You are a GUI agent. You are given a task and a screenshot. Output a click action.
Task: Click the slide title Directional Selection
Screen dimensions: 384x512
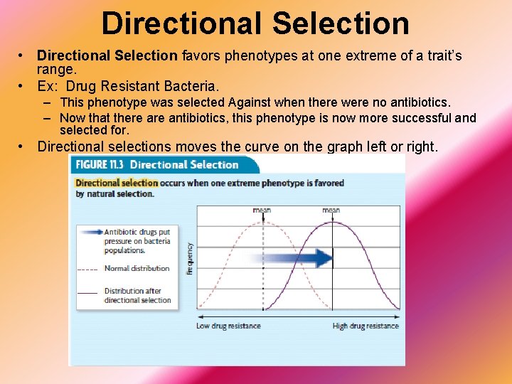(x=255, y=23)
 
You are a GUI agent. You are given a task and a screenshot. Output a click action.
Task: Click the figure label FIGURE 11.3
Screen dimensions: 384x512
(x=101, y=165)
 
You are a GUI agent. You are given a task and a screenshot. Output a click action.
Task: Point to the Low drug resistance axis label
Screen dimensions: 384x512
(x=228, y=326)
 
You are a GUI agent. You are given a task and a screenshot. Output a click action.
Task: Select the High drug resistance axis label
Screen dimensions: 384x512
(x=366, y=326)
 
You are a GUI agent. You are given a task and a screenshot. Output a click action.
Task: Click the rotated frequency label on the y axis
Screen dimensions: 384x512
(x=190, y=258)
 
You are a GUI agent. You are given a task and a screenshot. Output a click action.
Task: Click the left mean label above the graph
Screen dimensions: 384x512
(x=262, y=210)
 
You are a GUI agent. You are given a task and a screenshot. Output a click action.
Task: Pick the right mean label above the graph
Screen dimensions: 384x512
(x=331, y=210)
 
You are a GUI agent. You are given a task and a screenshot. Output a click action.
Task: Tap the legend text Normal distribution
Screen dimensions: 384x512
(x=137, y=269)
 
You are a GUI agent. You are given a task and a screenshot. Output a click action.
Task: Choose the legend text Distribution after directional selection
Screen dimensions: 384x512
(x=137, y=296)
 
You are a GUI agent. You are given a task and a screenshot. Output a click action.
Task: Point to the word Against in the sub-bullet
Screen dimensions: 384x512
(x=254, y=103)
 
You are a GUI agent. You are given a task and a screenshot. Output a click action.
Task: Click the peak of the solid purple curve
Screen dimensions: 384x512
(x=331, y=223)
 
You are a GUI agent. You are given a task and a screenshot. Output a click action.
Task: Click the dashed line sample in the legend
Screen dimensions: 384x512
(x=87, y=270)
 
